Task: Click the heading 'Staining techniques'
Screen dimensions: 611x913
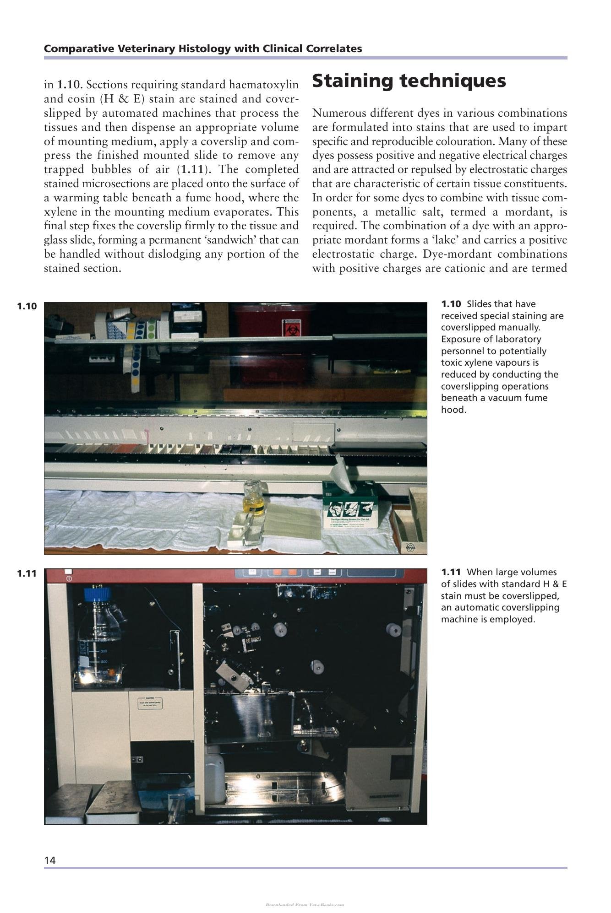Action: [409, 81]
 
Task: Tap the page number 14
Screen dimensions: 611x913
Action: [50, 860]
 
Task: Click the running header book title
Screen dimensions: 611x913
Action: [203, 49]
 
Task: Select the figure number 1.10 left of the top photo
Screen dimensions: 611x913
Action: [27, 306]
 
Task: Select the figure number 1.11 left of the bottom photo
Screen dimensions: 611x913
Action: [27, 573]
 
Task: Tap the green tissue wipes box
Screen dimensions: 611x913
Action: [349, 505]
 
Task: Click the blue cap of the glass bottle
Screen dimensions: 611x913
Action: [98, 594]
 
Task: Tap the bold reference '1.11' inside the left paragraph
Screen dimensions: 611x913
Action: [192, 169]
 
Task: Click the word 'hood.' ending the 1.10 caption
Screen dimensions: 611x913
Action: [453, 410]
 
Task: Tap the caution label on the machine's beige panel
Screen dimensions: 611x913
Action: [150, 703]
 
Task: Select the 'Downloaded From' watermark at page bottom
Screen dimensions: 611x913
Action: [305, 905]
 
